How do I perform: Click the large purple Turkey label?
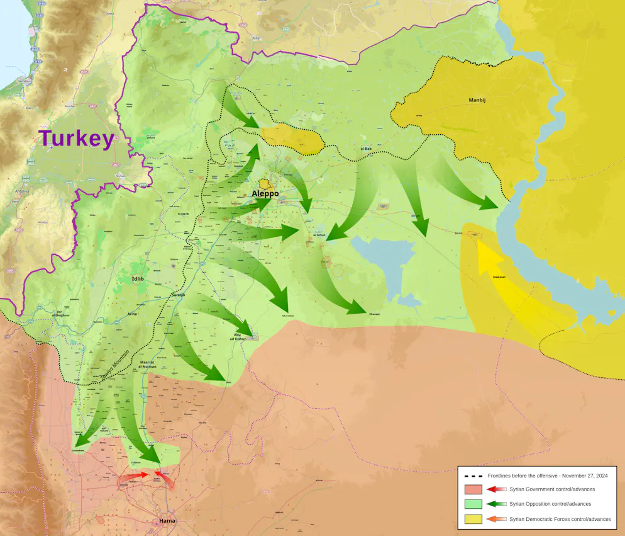coord(76,139)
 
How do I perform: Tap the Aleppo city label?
coord(265,193)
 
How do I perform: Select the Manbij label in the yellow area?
coord(478,100)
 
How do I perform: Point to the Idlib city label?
coord(138,278)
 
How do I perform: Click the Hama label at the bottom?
coord(167,521)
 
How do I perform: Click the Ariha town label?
coord(133,313)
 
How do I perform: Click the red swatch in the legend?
coord(473,489)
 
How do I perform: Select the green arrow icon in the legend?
coord(496,504)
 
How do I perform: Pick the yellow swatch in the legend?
coord(473,519)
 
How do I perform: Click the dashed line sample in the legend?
coord(472,476)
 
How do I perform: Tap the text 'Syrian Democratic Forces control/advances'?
coord(560,519)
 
